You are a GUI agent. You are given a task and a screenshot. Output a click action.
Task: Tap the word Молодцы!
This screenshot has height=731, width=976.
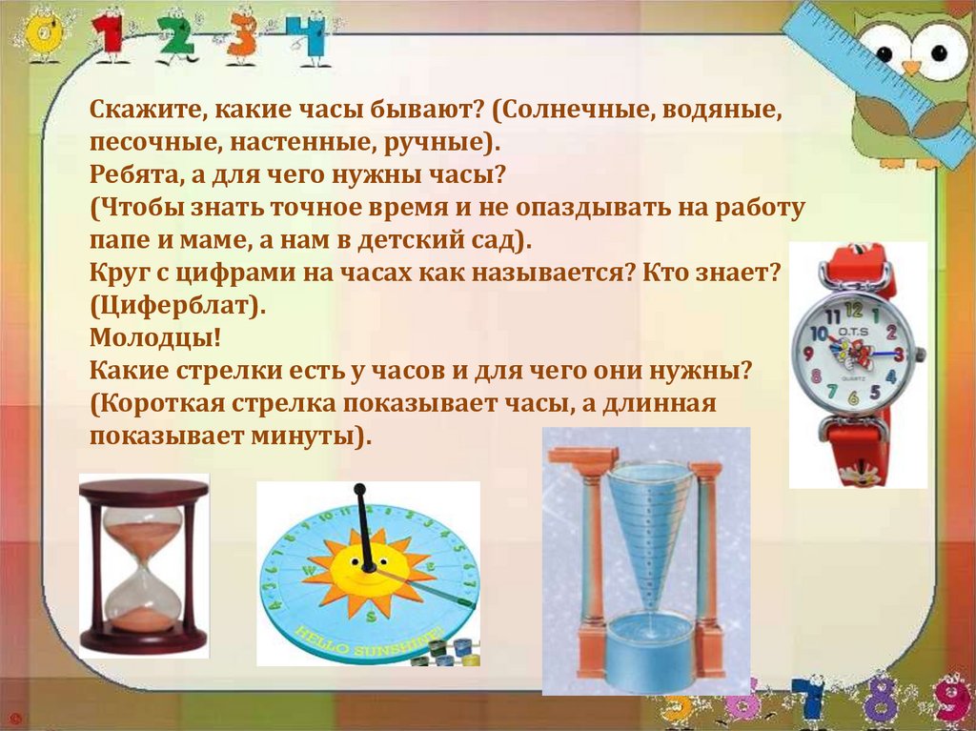point(155,338)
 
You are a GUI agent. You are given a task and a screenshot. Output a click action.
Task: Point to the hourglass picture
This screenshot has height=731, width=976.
point(144,565)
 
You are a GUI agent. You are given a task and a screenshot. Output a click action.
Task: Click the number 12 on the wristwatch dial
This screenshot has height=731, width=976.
point(854,310)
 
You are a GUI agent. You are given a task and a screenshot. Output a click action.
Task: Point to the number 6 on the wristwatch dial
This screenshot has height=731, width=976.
point(854,397)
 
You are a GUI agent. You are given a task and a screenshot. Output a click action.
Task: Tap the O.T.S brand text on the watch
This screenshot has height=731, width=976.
point(853,332)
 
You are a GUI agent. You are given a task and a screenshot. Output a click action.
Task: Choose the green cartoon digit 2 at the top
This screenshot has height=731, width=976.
point(175,37)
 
